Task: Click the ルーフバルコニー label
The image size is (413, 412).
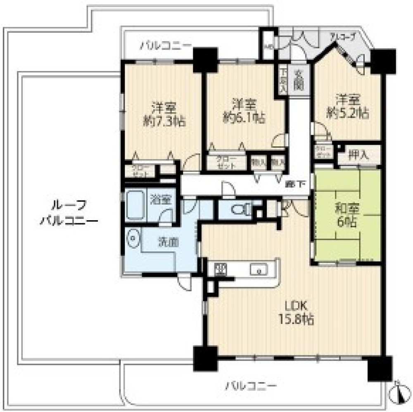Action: (x=69, y=212)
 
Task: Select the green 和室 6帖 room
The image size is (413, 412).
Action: (x=346, y=215)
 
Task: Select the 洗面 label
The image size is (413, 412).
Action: (x=169, y=242)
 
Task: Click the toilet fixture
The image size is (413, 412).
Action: (x=240, y=210)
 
